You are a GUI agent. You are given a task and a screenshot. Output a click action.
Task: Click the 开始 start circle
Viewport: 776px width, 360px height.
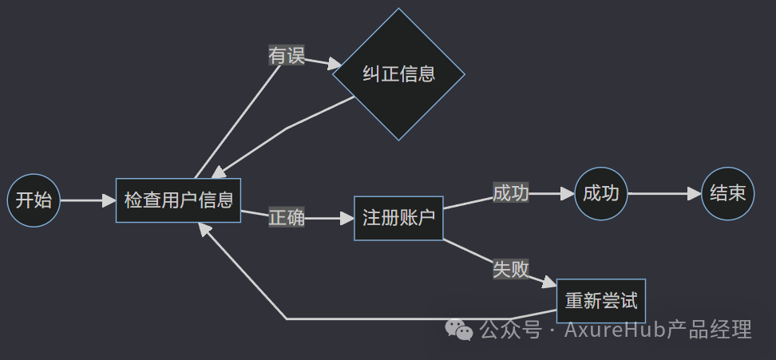click(x=34, y=200)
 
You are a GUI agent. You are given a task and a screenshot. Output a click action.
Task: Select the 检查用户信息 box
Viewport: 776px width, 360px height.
click(x=178, y=200)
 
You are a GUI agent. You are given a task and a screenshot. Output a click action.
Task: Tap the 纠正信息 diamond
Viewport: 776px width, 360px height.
click(x=398, y=74)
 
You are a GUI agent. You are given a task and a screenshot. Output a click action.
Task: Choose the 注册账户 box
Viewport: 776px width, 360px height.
click(x=398, y=218)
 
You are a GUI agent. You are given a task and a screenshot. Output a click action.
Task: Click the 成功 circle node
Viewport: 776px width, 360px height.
click(x=601, y=193)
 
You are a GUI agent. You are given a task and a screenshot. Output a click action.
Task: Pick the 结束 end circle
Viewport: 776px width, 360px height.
click(x=727, y=193)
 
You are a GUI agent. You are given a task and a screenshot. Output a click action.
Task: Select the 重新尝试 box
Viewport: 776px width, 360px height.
click(x=600, y=301)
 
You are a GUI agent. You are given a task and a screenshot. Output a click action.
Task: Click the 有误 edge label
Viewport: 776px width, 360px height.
click(x=287, y=56)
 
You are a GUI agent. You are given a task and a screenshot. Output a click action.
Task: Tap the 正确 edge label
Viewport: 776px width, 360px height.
click(x=287, y=218)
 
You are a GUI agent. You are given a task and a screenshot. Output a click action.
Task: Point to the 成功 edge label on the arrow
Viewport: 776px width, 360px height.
click(x=511, y=193)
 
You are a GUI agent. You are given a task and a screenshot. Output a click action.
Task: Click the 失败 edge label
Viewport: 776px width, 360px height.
click(x=511, y=269)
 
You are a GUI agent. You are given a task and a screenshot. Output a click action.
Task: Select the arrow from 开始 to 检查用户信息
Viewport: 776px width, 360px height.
click(x=84, y=200)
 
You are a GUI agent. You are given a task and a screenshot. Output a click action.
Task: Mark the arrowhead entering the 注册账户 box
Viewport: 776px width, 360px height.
click(x=346, y=218)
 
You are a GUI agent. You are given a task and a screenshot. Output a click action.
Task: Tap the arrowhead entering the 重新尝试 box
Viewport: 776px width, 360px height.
click(x=548, y=283)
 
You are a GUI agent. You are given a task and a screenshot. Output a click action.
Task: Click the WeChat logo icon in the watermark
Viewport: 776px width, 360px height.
click(x=458, y=328)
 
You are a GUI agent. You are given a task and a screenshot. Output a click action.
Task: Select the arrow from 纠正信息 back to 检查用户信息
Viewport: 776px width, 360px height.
click(x=287, y=127)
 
